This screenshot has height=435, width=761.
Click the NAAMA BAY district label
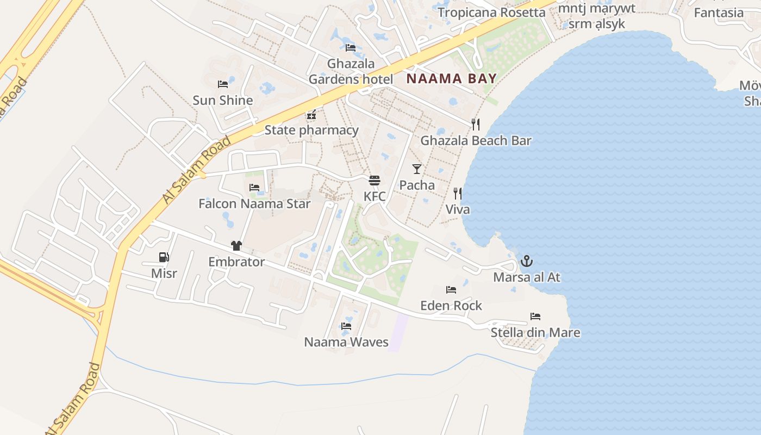point(451,78)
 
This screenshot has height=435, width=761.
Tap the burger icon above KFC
point(375,181)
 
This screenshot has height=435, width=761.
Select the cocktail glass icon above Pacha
point(417,169)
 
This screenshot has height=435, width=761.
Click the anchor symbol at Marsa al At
point(526,261)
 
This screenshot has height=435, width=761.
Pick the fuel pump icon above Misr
point(164,257)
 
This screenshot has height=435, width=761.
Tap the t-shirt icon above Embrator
point(236,246)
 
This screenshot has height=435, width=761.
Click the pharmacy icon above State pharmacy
point(311,114)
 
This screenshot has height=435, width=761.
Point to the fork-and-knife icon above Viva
point(458,194)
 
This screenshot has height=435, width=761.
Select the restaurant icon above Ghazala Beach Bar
point(476,125)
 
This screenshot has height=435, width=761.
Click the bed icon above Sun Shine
point(223,84)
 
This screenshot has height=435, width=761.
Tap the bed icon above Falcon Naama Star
point(254,188)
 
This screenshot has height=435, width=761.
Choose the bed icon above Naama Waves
point(346,326)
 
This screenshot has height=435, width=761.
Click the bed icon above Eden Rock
point(451,290)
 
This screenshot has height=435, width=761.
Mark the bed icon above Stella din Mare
point(535,316)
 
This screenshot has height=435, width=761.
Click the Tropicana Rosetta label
point(491,12)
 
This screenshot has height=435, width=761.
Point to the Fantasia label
point(719,13)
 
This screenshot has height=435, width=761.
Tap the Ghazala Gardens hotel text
point(351,71)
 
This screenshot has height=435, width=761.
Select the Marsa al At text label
point(526,277)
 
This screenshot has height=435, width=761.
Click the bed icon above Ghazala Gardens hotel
point(351,48)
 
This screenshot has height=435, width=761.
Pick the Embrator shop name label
point(236,262)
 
